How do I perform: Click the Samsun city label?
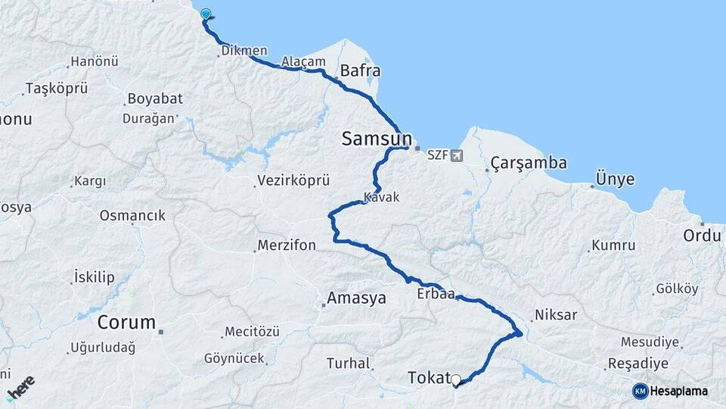point(377,139)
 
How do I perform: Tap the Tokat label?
point(428,377)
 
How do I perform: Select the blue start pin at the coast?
point(206,14)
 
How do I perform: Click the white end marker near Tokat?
point(455,379)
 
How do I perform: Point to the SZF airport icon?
point(456,156)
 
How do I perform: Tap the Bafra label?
point(360,70)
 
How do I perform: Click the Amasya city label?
point(355,298)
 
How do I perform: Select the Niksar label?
point(555,314)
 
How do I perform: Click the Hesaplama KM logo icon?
point(640,391)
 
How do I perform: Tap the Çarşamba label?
point(528,163)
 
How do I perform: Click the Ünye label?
point(615,180)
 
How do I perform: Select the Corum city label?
point(126,322)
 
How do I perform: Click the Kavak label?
point(381,197)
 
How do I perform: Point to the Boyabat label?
point(151,98)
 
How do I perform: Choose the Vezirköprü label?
point(293,181)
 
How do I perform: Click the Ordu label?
point(702,235)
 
